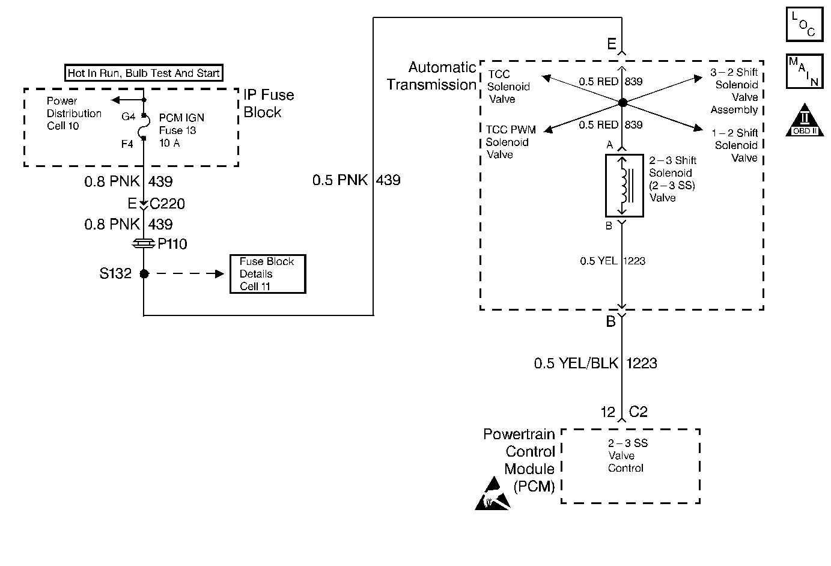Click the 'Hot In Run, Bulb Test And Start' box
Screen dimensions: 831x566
144,73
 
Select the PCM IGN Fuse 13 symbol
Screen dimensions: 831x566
144,126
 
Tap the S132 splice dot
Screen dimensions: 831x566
144,274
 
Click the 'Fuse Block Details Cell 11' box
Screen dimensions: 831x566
268,274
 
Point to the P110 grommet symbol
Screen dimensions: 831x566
144,244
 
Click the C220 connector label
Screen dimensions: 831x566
167,204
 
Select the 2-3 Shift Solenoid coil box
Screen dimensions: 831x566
624,186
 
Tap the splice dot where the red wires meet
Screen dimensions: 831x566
623,102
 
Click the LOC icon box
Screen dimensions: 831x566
805,24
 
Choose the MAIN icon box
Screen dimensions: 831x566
805,72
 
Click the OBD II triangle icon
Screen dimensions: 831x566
805,120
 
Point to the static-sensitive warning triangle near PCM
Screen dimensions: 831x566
493,493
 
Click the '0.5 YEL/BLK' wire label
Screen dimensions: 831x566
576,363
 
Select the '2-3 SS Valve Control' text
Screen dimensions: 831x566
627,455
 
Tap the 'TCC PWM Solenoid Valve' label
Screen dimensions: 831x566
511,142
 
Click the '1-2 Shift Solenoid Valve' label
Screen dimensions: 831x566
735,145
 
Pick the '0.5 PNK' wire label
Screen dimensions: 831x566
340,180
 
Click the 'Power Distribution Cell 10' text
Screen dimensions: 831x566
74,113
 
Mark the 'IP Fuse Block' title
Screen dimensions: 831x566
269,103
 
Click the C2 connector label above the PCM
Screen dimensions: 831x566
638,412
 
